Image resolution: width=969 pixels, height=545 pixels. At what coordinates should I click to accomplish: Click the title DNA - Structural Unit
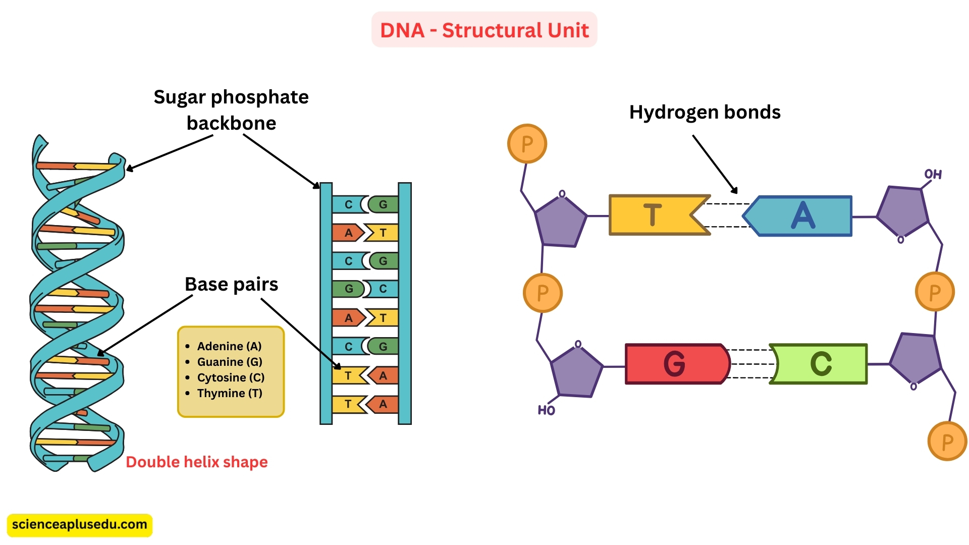(484, 30)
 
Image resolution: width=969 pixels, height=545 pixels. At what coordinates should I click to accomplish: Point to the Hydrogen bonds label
(705, 112)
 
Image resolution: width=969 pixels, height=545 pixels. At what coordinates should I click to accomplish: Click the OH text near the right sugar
(933, 175)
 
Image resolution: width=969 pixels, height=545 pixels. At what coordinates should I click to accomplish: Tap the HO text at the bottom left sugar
(546, 410)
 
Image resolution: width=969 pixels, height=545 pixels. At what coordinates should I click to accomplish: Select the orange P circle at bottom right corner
(947, 442)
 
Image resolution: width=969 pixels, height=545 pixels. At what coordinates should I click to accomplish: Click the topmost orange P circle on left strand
(527, 144)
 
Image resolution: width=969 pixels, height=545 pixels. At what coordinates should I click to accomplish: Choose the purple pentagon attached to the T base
(560, 222)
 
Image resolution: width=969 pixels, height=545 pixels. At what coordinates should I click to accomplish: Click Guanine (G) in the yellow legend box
(230, 362)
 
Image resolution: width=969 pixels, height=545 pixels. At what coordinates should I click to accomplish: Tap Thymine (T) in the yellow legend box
(230, 393)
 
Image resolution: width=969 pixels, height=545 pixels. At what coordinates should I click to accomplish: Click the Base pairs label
(231, 285)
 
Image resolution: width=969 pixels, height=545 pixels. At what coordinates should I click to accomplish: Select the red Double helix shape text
(196, 462)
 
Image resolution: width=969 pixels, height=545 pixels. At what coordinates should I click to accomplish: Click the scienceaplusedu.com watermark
(79, 525)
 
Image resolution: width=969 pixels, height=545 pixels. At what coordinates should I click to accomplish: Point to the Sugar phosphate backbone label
(231, 110)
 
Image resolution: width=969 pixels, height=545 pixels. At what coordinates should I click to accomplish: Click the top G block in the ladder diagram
(384, 204)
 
